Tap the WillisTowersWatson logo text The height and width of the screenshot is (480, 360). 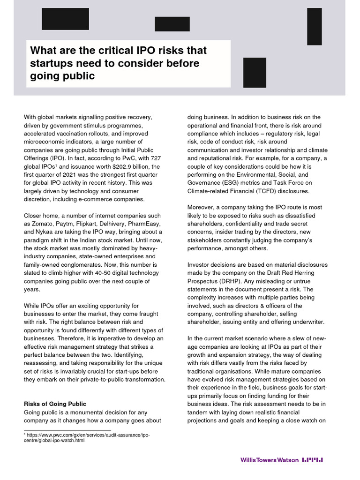269,460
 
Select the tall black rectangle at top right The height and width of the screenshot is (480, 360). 314,26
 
